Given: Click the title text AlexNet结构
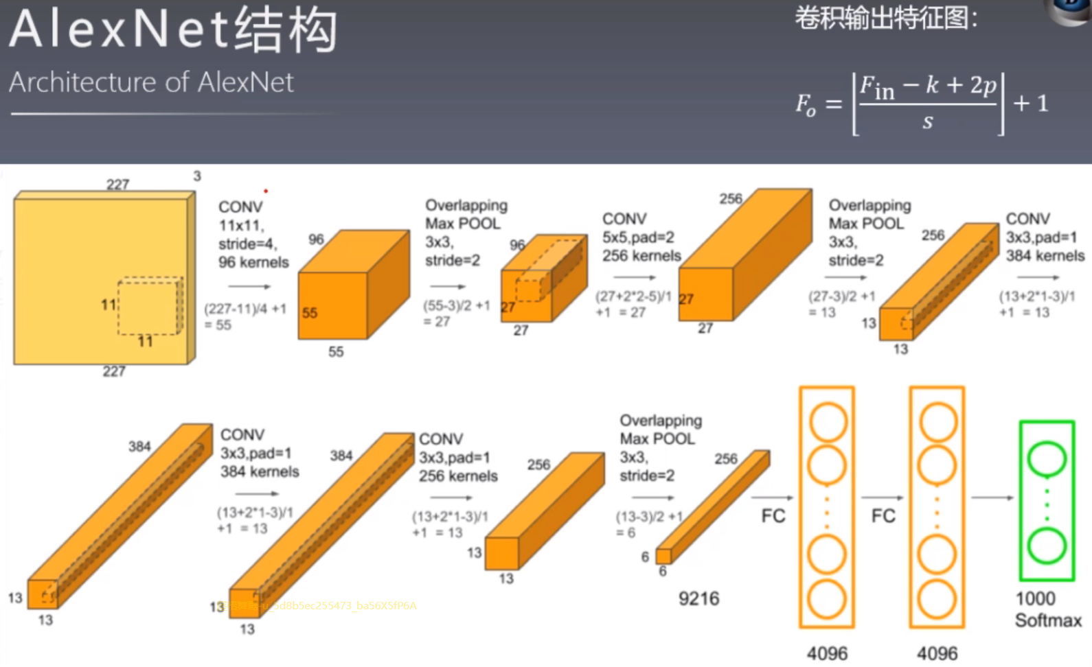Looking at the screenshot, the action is coord(173,30).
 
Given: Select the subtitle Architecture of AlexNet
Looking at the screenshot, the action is coord(151,82).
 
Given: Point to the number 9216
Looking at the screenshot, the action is coord(698,598).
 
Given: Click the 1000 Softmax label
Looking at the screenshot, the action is coord(1047,609).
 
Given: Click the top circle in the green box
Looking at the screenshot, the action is coord(1047,459).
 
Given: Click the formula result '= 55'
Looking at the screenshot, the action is coord(218,325).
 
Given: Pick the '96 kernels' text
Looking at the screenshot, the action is coord(253,262).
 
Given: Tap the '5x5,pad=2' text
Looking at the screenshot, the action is coord(638,237).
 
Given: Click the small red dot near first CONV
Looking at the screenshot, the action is coord(266,191).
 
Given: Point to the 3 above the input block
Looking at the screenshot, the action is coord(197,176).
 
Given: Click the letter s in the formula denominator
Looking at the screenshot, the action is coord(928,122).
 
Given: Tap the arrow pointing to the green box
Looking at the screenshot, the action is coord(992,498).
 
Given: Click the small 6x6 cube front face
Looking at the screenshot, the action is coord(663,556).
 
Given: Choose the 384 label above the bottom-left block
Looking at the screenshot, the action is coord(139,446).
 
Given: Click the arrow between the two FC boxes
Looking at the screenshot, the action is coord(882,498).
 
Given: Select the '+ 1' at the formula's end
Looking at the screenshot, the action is coord(1030,103).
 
